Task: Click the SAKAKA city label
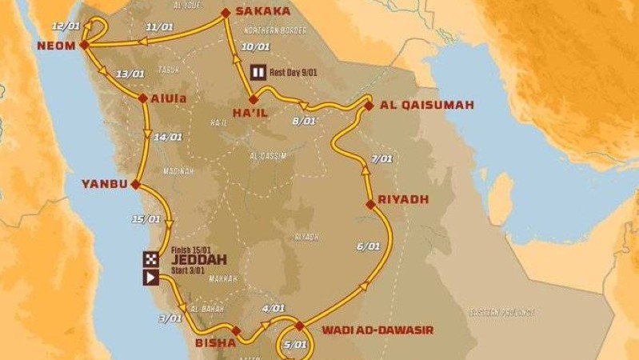tap(262, 12)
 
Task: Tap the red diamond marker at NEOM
tap(83, 46)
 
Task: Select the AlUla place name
tap(168, 99)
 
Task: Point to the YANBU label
tap(104, 184)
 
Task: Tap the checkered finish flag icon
tap(150, 258)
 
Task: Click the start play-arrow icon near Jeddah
tap(150, 278)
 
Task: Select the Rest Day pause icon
tap(258, 70)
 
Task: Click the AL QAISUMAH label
tap(427, 105)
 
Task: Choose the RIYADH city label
tap(405, 198)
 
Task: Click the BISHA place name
tap(215, 342)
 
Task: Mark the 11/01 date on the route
tap(161, 27)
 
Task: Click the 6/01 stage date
tap(369, 246)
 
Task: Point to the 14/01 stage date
tap(170, 138)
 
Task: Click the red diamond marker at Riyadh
tap(370, 205)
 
